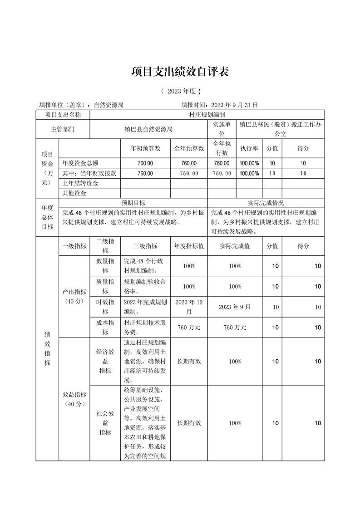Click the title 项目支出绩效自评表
(180, 71)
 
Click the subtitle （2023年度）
(180, 91)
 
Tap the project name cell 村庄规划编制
(207, 115)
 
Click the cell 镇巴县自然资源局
(149, 129)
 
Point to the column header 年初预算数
(145, 148)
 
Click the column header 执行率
(249, 148)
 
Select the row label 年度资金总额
(81, 163)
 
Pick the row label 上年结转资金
(81, 183)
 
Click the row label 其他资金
(74, 193)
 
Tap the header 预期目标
(133, 203)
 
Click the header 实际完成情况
(266, 203)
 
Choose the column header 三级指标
(145, 246)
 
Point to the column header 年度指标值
(189, 246)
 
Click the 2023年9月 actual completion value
(235, 307)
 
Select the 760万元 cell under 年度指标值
(189, 328)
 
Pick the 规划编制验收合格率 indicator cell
(145, 286)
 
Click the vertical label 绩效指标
(47, 348)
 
